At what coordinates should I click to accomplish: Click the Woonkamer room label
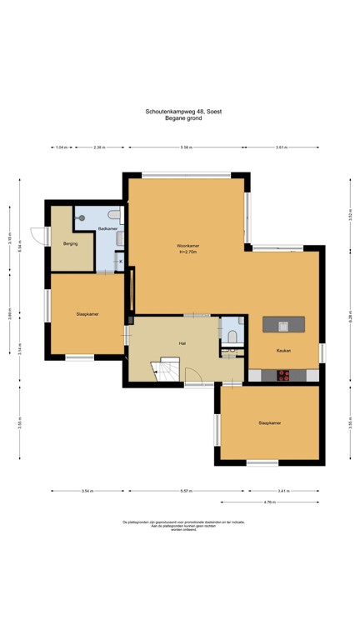pos(187,246)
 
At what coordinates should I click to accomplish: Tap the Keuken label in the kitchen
pos(283,351)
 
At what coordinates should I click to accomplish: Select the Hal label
pos(181,342)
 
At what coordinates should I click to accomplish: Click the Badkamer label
pos(107,227)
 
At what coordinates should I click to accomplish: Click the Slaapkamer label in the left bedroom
pos(87,314)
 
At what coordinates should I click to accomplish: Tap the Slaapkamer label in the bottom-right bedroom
pos(269,422)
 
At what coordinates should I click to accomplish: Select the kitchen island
pos(284,323)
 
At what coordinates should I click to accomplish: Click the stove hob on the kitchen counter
pos(282,375)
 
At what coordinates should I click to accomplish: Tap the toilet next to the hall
pos(232,336)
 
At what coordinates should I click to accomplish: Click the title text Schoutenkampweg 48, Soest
pos(183,111)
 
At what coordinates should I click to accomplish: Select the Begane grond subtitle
pos(183,118)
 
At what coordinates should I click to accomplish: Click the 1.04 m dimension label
pos(61,147)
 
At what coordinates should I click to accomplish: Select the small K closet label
pos(121,262)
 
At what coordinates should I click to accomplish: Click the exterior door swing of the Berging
pos(37,236)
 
